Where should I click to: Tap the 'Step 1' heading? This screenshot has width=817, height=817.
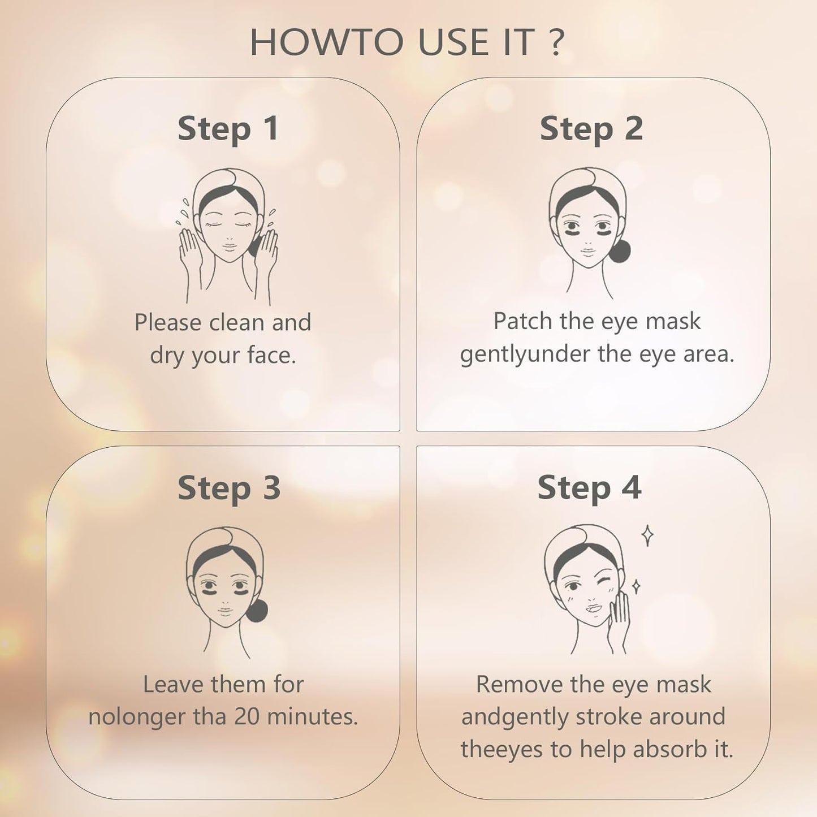point(228,128)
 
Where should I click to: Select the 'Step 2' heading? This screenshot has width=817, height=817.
point(591,128)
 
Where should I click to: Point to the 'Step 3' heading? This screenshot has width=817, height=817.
point(229,487)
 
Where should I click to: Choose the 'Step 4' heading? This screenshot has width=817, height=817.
point(589,487)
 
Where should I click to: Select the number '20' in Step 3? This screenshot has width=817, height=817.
point(248,716)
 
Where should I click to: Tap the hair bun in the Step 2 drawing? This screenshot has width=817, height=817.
point(619,251)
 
